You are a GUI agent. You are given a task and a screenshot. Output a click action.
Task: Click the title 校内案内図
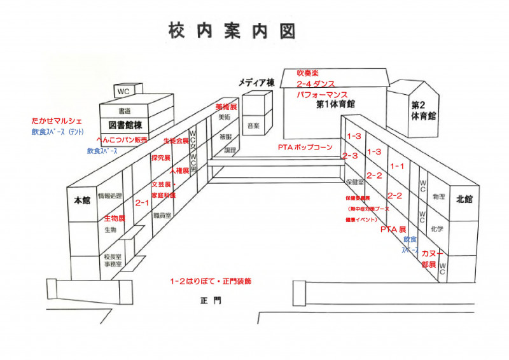(232, 29)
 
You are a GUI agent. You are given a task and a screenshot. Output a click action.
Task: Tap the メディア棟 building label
(256, 83)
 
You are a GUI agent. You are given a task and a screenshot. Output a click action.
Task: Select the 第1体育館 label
(335, 104)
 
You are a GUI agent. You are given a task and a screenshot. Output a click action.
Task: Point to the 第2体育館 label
(423, 111)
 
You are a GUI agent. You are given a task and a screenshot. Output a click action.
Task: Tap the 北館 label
(465, 200)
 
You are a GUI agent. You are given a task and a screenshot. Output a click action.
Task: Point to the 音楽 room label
(253, 125)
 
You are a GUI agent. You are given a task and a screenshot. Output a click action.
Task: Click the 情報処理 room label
(109, 196)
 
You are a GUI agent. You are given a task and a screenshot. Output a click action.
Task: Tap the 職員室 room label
(163, 216)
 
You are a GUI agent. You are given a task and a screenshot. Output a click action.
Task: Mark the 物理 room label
(438, 197)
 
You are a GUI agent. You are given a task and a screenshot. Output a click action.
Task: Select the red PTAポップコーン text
(305, 147)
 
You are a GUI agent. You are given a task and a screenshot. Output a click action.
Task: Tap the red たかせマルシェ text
(57, 121)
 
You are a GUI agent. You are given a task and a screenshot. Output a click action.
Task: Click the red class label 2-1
(142, 203)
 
